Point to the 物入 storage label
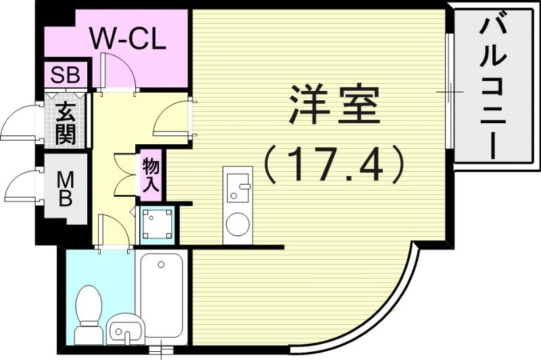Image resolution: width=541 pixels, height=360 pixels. coord(150,174)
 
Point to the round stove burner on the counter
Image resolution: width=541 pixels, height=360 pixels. coord(238,224)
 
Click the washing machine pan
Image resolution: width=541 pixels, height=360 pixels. coord(158,224)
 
